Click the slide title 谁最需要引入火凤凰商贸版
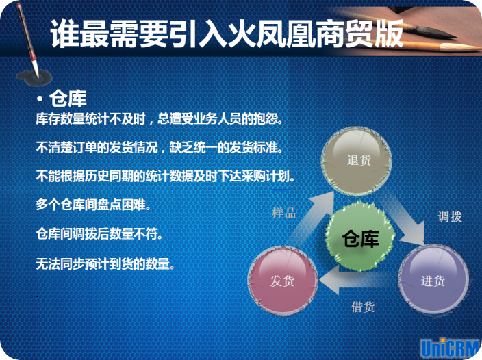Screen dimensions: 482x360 227,34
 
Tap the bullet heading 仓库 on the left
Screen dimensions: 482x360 68,99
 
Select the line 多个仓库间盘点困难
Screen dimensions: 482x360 93,205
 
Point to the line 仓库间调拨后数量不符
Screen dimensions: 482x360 99,234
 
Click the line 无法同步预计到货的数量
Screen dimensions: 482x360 105,263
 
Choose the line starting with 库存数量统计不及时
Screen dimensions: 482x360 160,118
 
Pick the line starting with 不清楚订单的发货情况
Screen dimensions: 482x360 160,147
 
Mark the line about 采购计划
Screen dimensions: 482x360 166,177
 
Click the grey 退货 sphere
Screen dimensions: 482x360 357,162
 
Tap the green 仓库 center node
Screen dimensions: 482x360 360,237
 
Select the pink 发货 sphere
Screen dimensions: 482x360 283,280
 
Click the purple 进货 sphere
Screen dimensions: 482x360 433,279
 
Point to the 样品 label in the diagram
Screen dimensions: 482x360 283,213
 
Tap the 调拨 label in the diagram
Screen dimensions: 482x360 450,217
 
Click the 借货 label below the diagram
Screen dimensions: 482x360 363,307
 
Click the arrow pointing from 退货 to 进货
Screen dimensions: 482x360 406,219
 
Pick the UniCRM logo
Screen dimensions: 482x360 451,348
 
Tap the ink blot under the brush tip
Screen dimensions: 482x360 34,77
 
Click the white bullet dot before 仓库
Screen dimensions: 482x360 40,99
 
